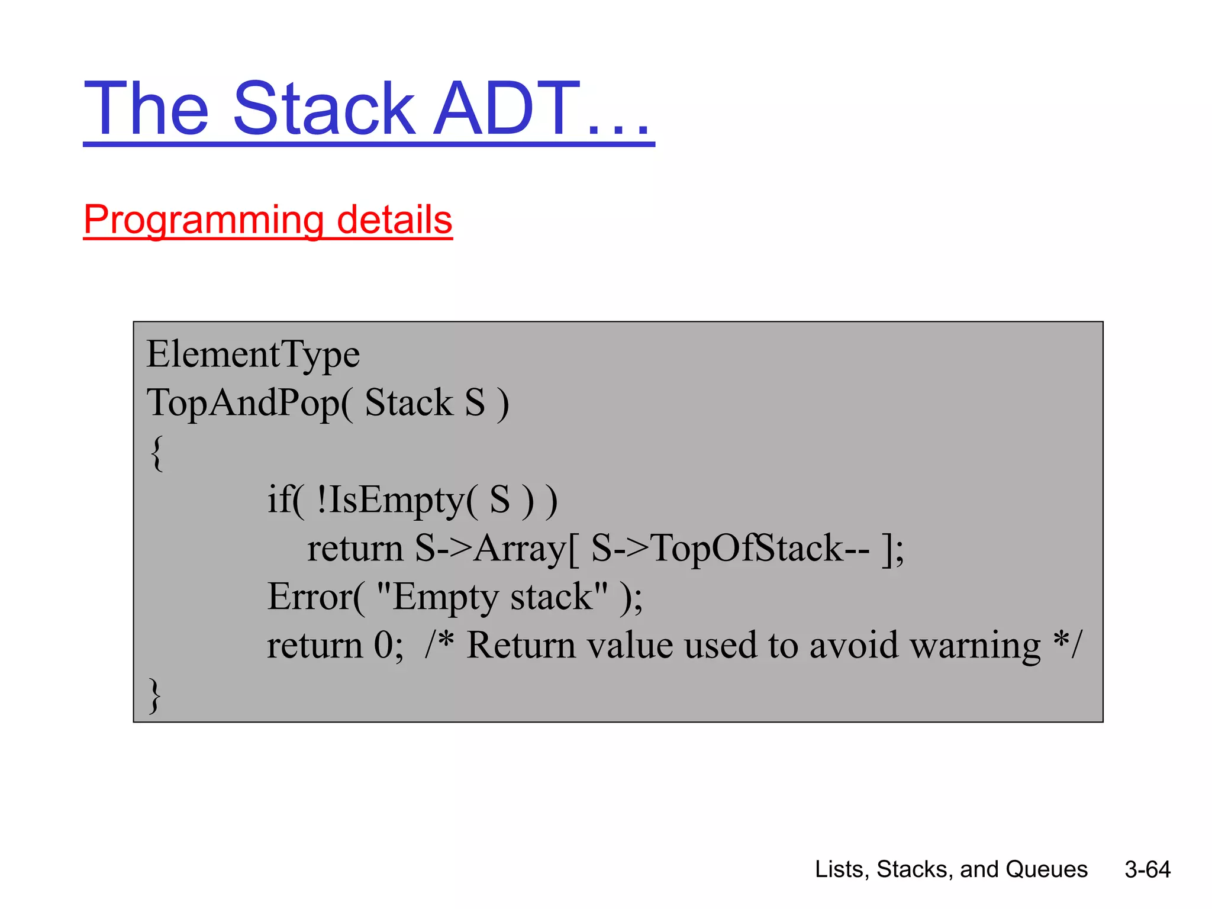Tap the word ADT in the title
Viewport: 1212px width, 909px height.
click(506, 109)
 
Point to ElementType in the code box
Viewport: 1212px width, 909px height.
click(253, 354)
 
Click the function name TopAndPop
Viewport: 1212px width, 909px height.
click(243, 403)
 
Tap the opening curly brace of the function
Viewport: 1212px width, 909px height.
click(156, 453)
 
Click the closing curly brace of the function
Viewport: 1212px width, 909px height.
click(155, 695)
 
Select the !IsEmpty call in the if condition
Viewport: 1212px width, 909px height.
click(391, 500)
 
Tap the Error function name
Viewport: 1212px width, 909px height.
click(310, 597)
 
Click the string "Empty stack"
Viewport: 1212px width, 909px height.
click(492, 597)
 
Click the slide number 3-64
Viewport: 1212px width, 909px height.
click(1147, 869)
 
